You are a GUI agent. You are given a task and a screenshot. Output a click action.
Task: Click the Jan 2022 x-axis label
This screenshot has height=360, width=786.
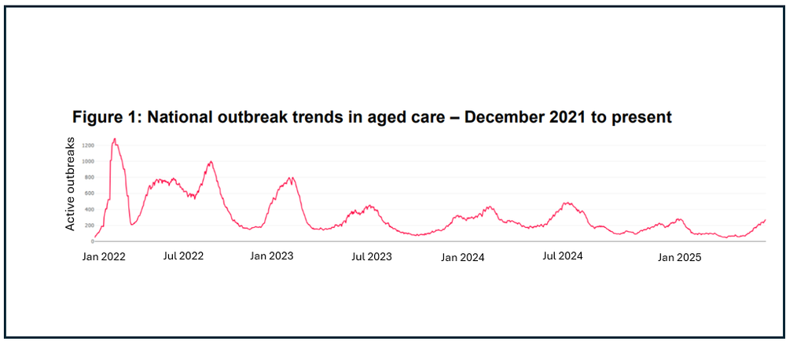click(104, 256)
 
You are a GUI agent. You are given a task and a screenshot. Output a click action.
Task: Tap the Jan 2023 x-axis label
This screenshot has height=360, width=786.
click(272, 256)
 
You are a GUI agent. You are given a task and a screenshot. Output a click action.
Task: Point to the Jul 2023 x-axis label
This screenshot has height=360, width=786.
click(371, 256)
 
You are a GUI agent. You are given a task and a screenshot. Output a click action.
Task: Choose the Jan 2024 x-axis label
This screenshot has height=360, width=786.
click(462, 257)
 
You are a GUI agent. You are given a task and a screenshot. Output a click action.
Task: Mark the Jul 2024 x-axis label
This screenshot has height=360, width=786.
click(563, 256)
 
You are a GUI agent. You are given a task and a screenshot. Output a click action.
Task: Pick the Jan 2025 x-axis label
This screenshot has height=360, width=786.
click(679, 257)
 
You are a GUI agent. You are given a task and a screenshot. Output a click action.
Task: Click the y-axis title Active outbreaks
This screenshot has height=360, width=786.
click(70, 184)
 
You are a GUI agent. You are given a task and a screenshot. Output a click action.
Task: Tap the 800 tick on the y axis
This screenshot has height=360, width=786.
click(88, 178)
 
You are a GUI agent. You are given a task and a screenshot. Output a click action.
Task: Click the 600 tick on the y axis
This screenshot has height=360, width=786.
click(88, 193)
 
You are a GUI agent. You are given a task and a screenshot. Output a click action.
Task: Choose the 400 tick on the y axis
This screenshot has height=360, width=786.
click(88, 210)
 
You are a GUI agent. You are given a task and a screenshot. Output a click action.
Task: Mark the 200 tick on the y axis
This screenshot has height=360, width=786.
click(88, 226)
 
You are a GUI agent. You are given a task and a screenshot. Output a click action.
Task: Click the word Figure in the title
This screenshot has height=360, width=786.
click(97, 118)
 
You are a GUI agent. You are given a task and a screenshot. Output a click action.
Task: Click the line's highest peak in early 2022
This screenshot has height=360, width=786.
click(115, 139)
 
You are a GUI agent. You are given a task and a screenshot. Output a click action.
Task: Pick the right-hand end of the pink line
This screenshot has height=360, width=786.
click(765, 220)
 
